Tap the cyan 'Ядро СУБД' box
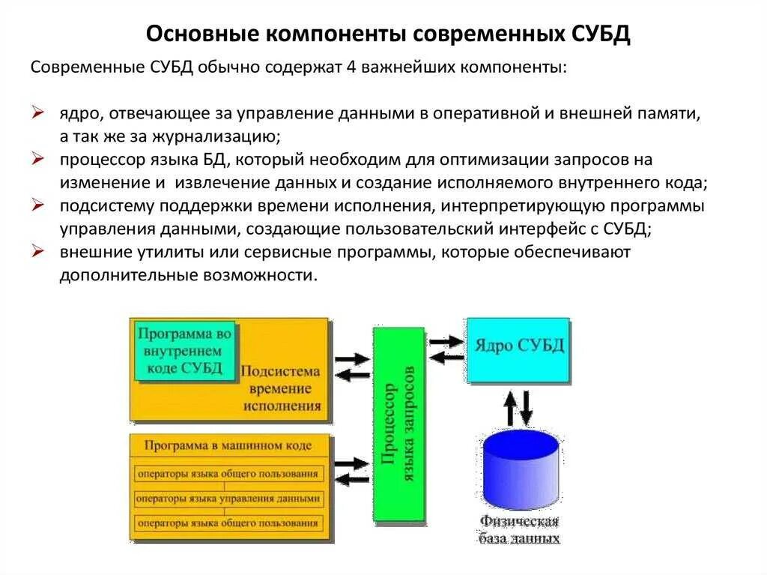(518, 347)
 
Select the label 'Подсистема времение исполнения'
(282, 389)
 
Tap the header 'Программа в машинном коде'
(228, 445)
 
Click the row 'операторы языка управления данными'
(228, 498)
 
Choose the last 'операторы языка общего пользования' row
(228, 523)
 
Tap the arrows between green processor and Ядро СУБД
(447, 349)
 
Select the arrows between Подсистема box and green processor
(351, 367)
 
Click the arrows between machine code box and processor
(351, 472)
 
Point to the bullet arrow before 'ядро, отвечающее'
(39, 113)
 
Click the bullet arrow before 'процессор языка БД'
(39, 159)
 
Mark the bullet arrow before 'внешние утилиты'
(39, 251)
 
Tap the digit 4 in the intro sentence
(351, 67)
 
